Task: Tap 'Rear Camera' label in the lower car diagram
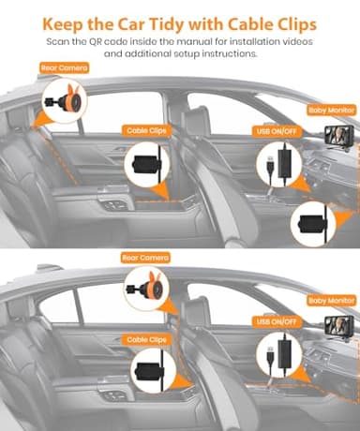tap(144, 257)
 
